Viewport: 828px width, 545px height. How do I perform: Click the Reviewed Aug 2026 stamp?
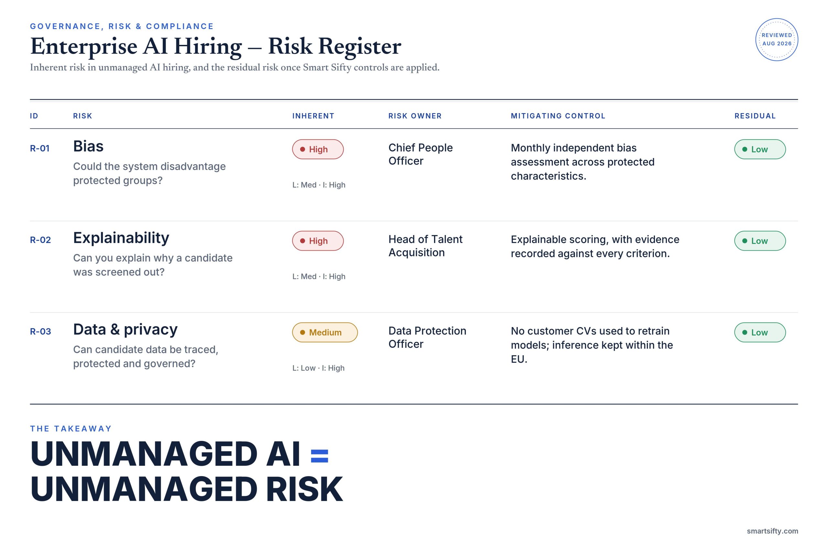(x=777, y=40)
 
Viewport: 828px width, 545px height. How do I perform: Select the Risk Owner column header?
(x=415, y=116)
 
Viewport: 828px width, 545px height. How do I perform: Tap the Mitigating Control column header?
(x=558, y=116)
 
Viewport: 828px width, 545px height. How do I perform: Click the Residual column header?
(x=755, y=116)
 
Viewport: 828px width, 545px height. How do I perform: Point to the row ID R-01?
(x=40, y=148)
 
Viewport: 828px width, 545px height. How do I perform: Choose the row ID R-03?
(x=40, y=331)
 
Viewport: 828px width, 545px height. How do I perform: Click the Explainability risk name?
(x=121, y=238)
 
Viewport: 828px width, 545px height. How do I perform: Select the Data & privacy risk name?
(x=125, y=329)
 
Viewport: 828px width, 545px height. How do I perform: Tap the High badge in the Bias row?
(x=318, y=149)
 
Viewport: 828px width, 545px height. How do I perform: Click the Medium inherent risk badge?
(x=325, y=332)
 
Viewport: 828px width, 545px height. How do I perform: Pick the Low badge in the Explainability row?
(x=760, y=241)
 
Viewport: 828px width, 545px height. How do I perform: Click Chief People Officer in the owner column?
(x=420, y=154)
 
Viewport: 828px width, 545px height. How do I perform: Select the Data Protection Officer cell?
(x=427, y=337)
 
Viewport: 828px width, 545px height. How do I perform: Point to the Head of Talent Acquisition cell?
(x=425, y=246)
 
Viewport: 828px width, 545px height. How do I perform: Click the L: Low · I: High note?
(x=318, y=368)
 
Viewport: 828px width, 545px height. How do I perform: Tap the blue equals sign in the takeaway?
(x=319, y=456)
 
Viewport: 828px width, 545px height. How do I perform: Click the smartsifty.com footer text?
(x=772, y=531)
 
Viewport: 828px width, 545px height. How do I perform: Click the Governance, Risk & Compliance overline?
(x=122, y=27)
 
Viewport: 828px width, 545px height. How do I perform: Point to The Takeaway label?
(x=71, y=429)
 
